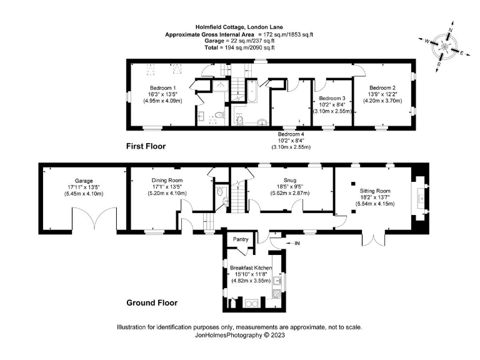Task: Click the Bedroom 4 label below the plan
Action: click(291, 141)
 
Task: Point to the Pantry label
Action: click(241, 239)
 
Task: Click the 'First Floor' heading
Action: click(151, 147)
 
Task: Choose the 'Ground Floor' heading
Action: click(152, 302)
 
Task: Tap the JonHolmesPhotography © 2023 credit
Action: click(240, 336)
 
